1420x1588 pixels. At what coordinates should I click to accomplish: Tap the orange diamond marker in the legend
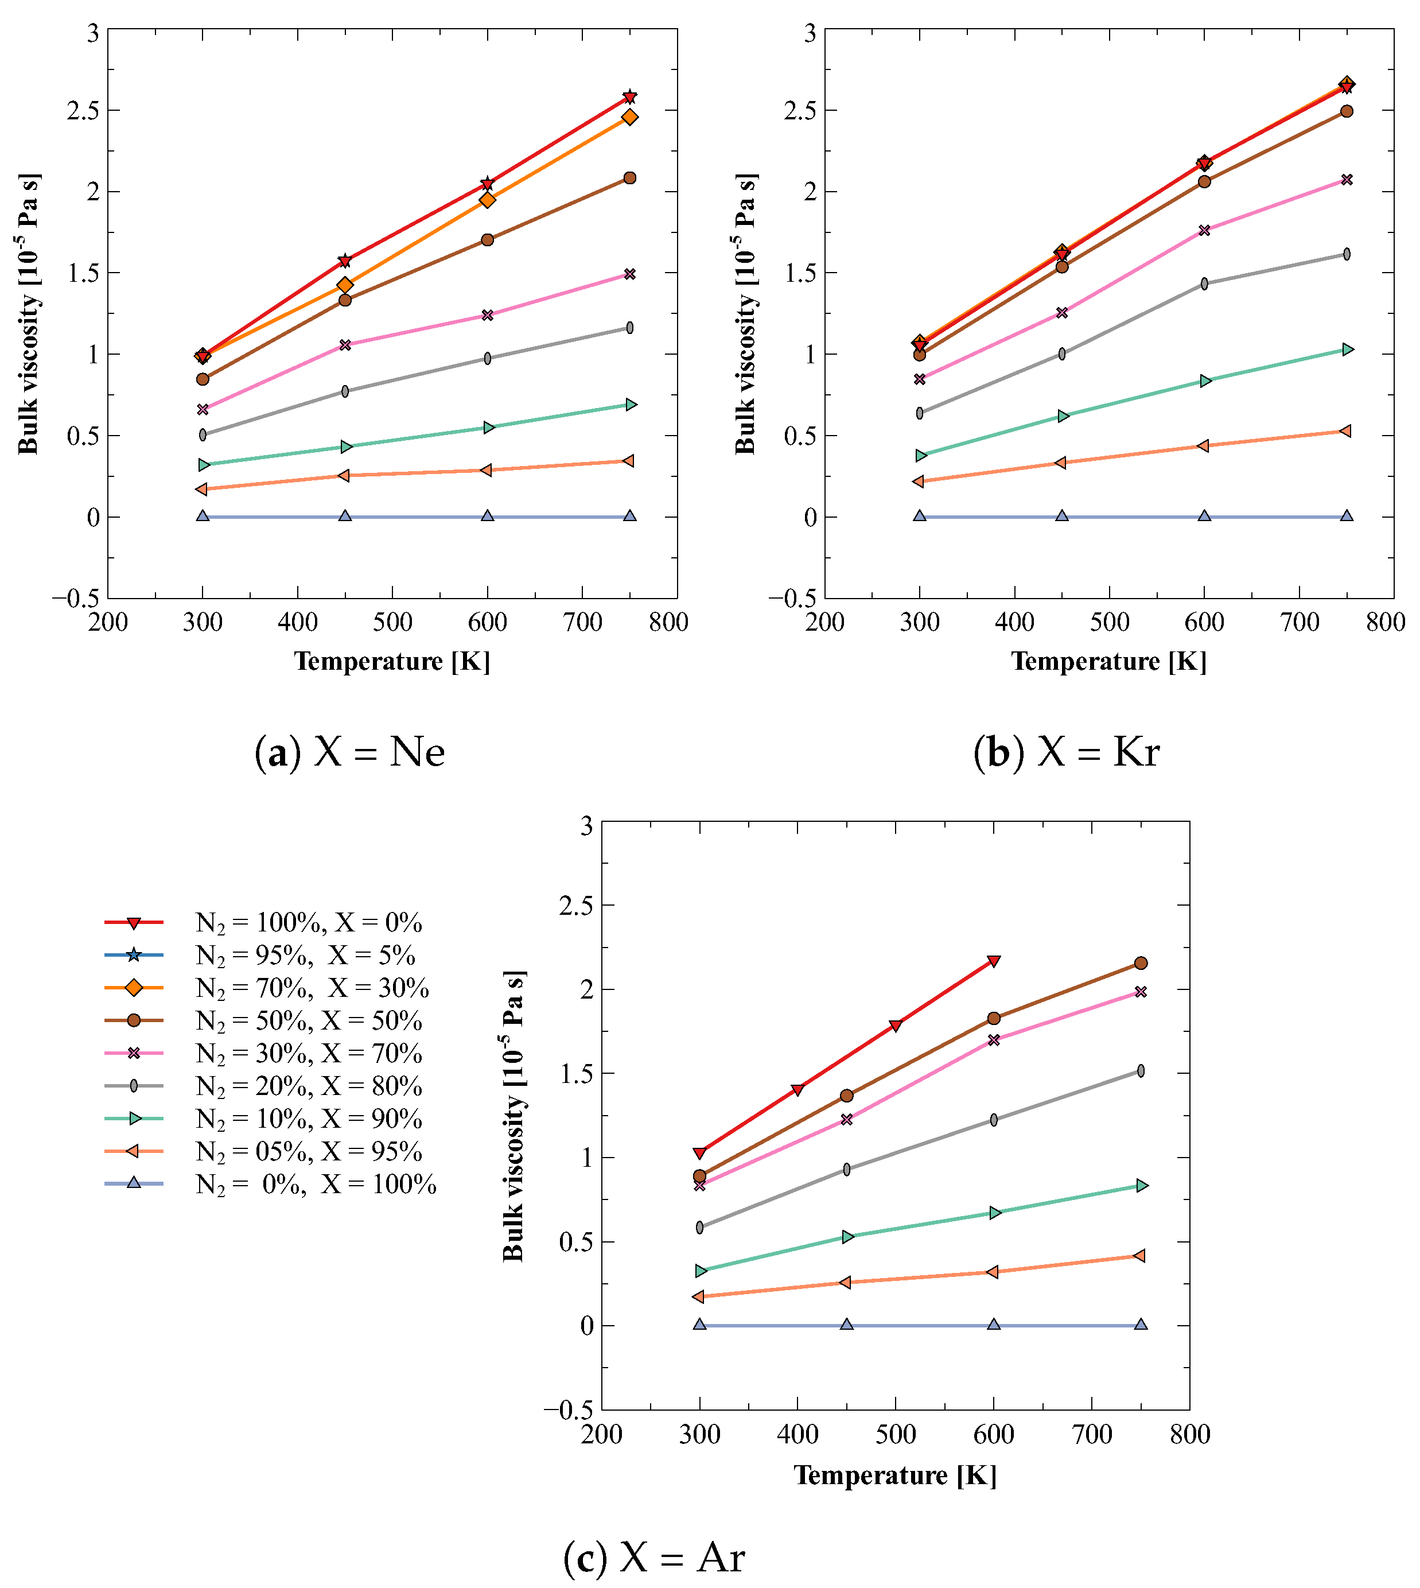point(134,988)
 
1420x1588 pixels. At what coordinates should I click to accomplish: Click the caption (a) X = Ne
point(349,752)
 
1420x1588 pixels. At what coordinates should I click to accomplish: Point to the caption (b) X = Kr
point(1066,752)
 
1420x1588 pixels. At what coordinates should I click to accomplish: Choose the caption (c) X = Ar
point(654,1557)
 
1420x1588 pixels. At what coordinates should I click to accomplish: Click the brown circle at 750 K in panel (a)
point(629,178)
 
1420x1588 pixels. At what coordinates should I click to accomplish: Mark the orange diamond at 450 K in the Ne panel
point(345,285)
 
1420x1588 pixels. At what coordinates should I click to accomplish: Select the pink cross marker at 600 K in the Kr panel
point(1204,230)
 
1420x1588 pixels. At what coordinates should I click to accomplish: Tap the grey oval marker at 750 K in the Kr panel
point(1347,254)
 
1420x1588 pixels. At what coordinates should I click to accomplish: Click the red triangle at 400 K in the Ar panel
point(797,1089)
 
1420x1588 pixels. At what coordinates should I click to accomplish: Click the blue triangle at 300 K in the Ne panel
point(203,516)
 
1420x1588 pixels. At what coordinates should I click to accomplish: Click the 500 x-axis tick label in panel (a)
point(392,622)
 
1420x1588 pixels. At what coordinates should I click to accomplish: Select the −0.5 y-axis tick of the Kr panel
point(792,599)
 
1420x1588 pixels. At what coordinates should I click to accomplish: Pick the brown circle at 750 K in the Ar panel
point(1141,963)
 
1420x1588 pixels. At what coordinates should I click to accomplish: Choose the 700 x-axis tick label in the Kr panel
point(1299,622)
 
